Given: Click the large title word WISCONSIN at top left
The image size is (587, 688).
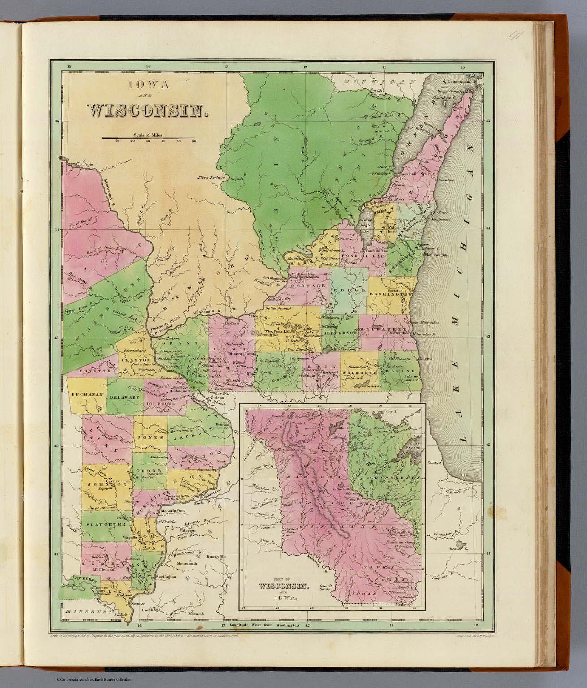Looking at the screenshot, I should pyautogui.click(x=148, y=111).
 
